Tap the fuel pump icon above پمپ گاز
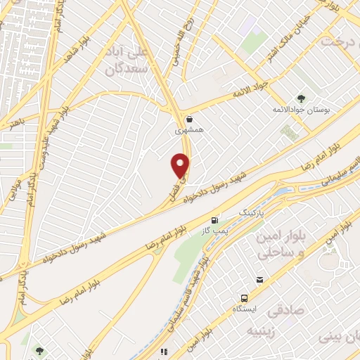[x=214, y=219]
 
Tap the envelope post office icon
[x=259, y=280]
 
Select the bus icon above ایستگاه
[x=244, y=297]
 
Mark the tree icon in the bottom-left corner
[x=39, y=351]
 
